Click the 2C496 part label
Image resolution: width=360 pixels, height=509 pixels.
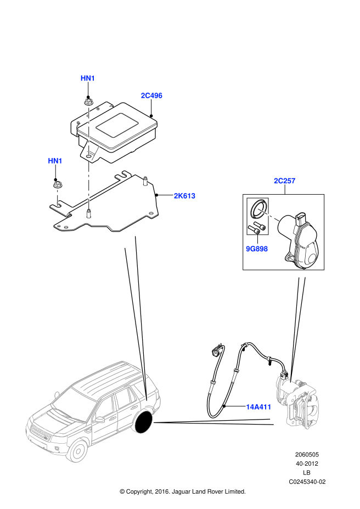(151, 95)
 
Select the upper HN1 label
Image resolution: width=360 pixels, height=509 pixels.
(88, 78)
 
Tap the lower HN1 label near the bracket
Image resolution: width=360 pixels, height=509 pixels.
(55, 161)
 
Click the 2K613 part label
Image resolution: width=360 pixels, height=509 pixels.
(184, 195)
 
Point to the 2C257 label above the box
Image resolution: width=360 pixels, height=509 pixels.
(285, 181)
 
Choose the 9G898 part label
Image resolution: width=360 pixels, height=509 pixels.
(257, 248)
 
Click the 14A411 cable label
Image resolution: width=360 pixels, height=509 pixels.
(257, 407)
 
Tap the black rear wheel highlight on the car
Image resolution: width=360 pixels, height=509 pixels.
(144, 422)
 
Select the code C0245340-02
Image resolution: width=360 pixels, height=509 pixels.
(307, 482)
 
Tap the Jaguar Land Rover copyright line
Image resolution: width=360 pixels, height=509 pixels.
(182, 491)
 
